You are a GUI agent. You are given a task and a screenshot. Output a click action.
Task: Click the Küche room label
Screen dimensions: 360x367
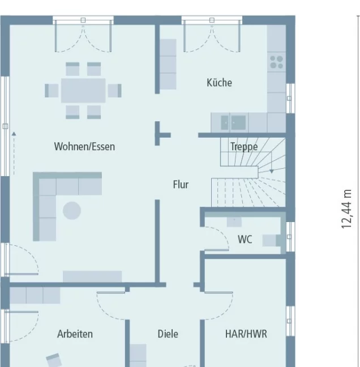219,83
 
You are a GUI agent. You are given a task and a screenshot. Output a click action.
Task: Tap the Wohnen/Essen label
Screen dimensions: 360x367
84,147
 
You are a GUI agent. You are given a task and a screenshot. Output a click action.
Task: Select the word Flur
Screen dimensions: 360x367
181,185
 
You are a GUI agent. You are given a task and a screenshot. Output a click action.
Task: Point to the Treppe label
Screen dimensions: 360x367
244,147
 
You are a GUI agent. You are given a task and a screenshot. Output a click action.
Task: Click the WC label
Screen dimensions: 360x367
245,240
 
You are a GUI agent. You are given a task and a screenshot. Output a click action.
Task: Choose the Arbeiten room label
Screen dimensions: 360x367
75,334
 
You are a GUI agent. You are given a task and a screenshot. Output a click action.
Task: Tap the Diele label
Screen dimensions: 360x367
168,334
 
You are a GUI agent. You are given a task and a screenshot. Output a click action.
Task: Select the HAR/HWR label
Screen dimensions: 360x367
246,334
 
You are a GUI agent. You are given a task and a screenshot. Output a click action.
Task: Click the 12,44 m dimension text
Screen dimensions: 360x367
346,209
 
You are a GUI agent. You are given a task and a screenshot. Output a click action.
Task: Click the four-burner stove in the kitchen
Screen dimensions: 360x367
276,62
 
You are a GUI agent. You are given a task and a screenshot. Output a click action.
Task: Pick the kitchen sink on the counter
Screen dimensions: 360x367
233,122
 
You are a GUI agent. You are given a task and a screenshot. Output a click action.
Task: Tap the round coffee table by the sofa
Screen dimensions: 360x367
72,211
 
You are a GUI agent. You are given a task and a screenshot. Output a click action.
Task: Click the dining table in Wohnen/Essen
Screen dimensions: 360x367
83,91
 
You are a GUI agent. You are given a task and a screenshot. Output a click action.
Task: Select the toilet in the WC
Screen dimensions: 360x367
272,240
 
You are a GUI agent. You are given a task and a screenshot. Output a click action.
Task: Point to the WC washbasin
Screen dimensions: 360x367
234,222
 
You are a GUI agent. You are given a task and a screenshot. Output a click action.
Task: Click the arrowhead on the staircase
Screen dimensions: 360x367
272,172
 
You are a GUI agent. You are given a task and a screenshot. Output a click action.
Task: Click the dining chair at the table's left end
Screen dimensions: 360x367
52,91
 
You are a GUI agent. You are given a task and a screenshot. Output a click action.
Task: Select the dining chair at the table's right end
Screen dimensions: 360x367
114,91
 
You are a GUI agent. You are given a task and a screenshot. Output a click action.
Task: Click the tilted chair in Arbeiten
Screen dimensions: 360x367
54,360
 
